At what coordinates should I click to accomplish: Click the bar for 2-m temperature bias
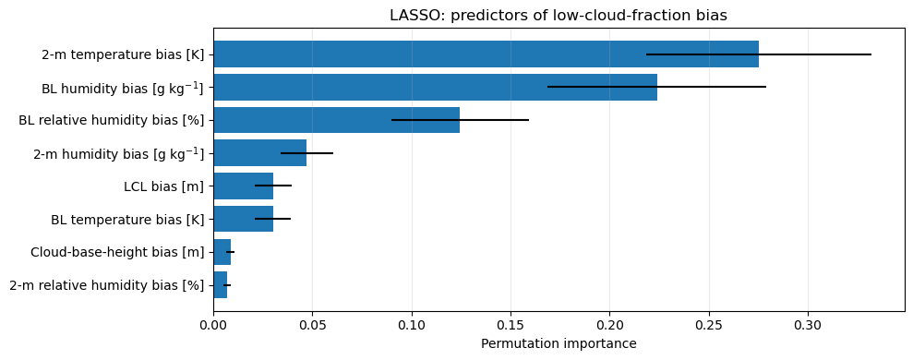pos(487,54)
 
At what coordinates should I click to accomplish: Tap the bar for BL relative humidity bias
pos(337,120)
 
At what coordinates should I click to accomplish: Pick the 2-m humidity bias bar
pos(259,152)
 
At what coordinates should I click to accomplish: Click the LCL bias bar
pos(244,186)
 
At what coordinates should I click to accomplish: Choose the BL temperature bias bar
pos(244,219)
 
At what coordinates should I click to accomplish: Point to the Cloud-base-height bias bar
pos(222,252)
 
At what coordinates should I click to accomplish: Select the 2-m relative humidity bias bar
pos(220,284)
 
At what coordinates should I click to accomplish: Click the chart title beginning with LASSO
pos(559,16)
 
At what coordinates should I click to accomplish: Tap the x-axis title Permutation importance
pos(559,343)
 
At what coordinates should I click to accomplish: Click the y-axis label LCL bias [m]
pos(164,186)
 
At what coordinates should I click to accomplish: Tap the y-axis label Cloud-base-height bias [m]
pos(117,252)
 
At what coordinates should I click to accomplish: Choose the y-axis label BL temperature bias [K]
pos(128,220)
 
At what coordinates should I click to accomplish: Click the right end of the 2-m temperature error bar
pos(871,54)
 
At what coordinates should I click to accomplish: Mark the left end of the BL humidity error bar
pos(548,87)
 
